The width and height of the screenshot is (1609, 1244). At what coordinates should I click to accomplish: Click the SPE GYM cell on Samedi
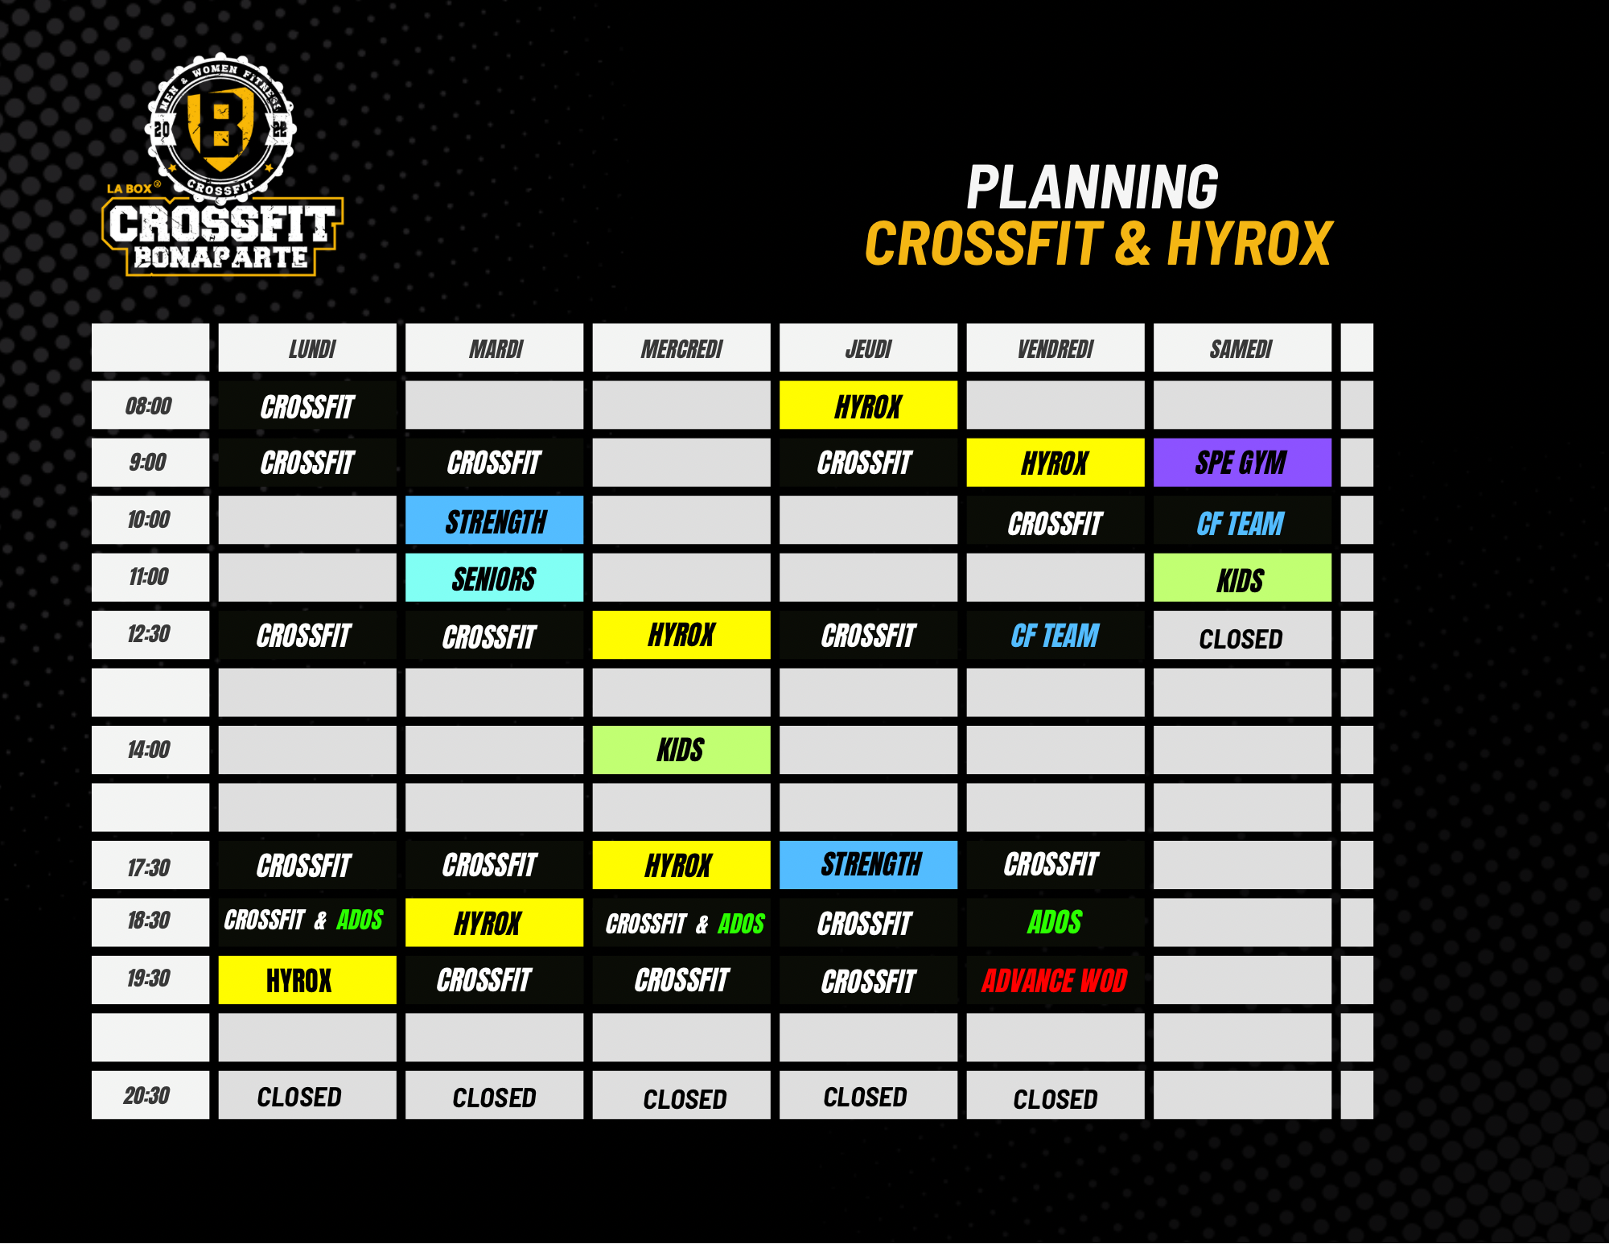[x=1242, y=463]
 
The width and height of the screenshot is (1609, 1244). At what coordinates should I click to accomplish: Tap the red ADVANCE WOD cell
[x=1055, y=980]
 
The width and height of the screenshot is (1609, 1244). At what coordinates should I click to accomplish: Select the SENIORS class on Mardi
[x=494, y=578]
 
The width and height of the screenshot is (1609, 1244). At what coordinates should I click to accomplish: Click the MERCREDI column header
[x=681, y=348]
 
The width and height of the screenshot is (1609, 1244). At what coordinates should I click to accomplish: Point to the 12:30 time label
[x=149, y=634]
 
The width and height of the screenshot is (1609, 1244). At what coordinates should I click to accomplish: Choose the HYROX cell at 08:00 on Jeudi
[x=868, y=405]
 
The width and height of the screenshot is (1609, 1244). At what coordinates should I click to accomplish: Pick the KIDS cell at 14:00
[x=681, y=750]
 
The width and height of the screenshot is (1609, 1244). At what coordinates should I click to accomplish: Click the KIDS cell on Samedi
[x=1242, y=578]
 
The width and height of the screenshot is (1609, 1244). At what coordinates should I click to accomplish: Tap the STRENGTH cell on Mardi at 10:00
[x=494, y=520]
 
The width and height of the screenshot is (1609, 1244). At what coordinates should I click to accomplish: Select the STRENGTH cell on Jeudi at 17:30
[x=868, y=865]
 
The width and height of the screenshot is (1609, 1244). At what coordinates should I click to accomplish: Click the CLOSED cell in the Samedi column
[x=1242, y=635]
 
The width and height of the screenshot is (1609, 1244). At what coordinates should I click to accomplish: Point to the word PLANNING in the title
[x=1093, y=187]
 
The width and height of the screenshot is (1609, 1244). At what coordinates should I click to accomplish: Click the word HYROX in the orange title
[x=1249, y=244]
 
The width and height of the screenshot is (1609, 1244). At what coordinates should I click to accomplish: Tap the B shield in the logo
[x=221, y=129]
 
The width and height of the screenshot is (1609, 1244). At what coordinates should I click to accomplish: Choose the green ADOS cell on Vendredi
[x=1055, y=922]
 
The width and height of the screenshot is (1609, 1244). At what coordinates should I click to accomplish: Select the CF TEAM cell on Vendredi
[x=1055, y=635]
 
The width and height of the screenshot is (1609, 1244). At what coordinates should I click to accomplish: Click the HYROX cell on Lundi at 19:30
[x=307, y=980]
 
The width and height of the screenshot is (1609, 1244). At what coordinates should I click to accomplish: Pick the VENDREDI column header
[x=1055, y=348]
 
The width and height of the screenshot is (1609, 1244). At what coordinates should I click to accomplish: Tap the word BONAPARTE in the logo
[x=221, y=257]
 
